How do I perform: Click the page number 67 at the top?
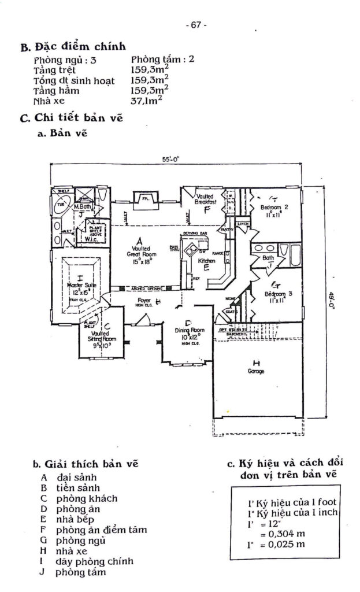[x=196, y=25]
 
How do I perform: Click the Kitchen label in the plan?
[x=207, y=261]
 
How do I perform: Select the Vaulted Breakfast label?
[x=206, y=199]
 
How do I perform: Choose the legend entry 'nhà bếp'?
[x=73, y=519]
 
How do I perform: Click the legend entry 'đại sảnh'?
[x=76, y=478]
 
